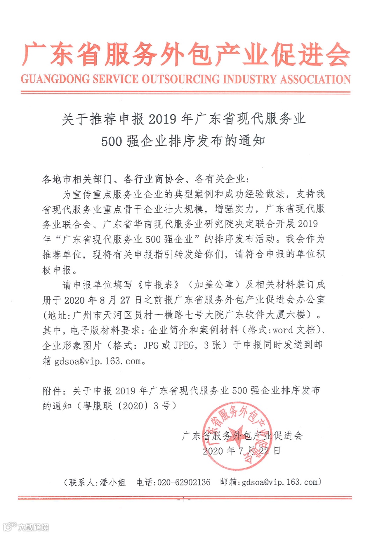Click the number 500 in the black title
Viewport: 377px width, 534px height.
[x=112, y=142]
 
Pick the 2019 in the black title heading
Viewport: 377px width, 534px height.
[x=162, y=120]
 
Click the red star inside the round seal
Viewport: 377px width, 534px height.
[x=236, y=434]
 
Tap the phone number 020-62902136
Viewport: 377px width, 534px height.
[x=184, y=483]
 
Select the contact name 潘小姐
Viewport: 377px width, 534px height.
[x=112, y=483]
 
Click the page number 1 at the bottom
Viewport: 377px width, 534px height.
[x=184, y=499]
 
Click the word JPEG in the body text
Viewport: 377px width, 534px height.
[x=184, y=345]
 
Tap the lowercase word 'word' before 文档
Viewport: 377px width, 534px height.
[x=283, y=330]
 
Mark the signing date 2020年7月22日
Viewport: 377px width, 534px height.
[x=242, y=451]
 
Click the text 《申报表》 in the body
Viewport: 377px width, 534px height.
[x=159, y=285]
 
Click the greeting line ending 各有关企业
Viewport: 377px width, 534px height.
[x=146, y=179]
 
